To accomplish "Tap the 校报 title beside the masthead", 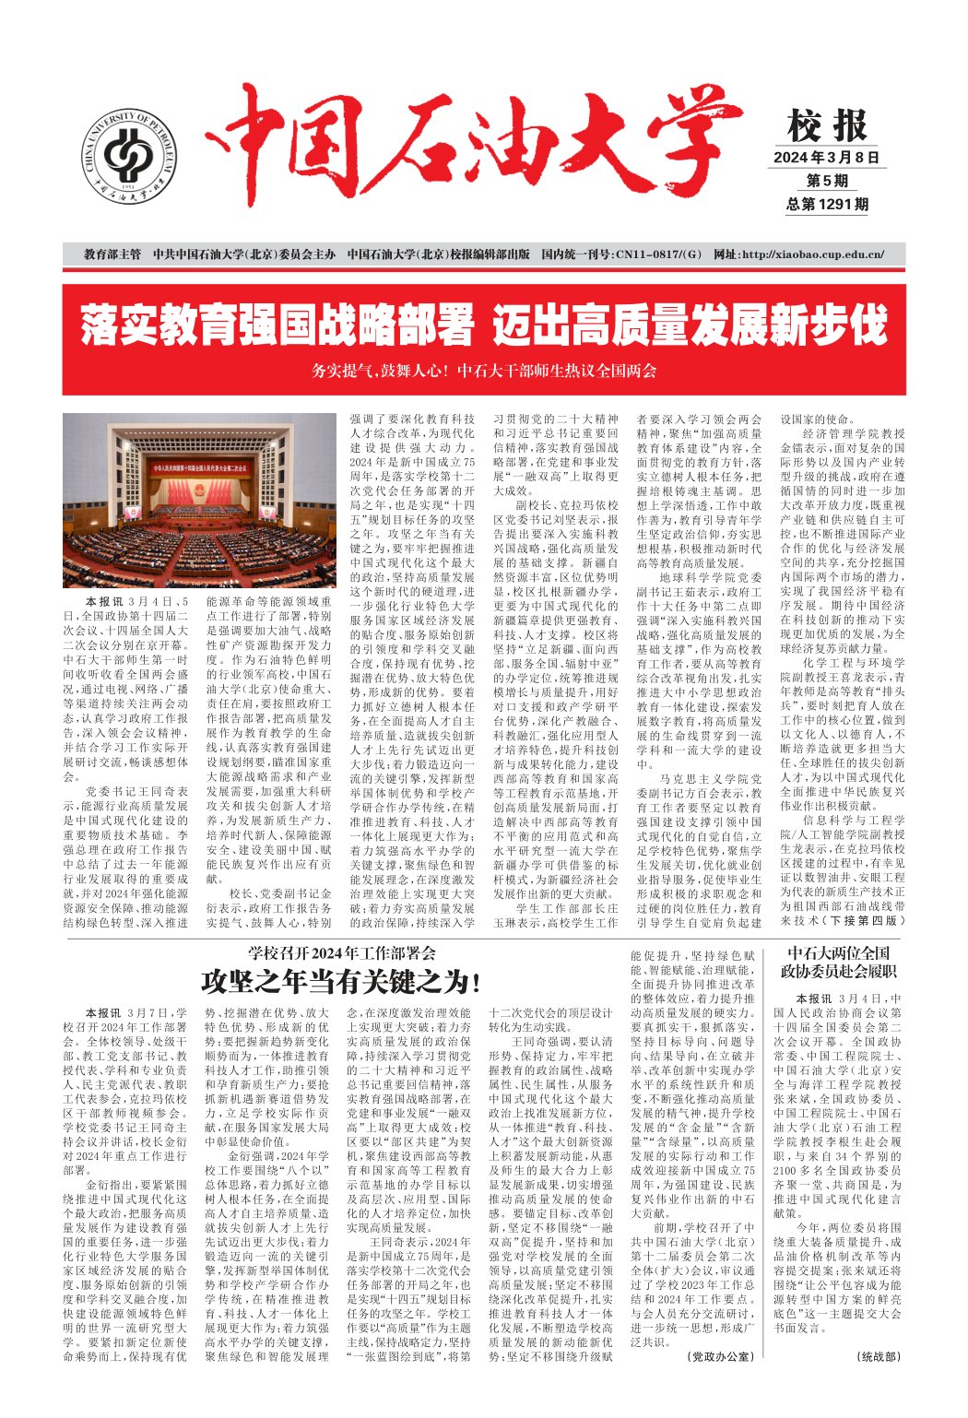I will (x=827, y=125).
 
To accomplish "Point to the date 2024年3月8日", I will (x=826, y=157).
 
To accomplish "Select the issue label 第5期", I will (x=827, y=181).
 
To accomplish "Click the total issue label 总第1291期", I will (x=827, y=205).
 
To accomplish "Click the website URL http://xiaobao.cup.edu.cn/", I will (x=799, y=254).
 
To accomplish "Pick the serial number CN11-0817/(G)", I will (x=635, y=254).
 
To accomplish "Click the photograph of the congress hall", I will (x=198, y=499).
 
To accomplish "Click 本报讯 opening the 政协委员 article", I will (x=814, y=999).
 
